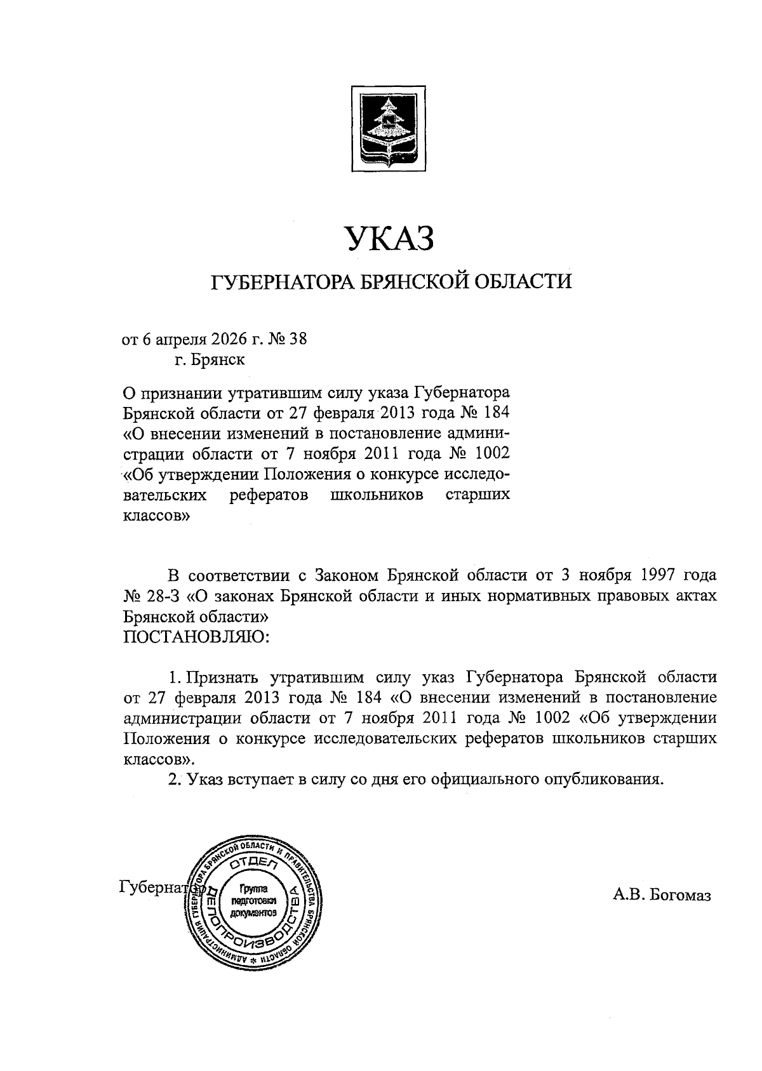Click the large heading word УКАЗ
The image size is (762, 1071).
pyautogui.click(x=390, y=241)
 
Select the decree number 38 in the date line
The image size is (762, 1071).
pyautogui.click(x=298, y=339)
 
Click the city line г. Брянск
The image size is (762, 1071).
pyautogui.click(x=210, y=361)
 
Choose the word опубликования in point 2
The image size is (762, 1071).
pyautogui.click(x=600, y=780)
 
